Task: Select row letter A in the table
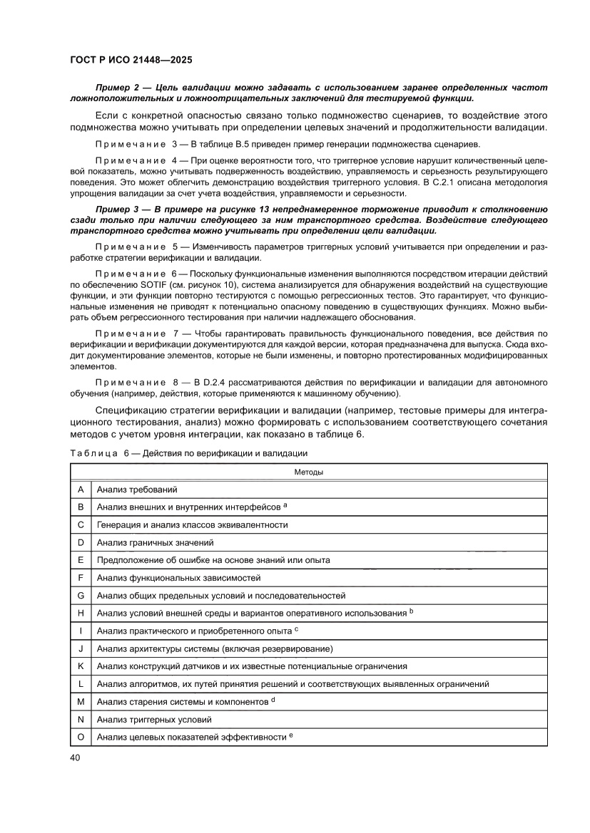pyautogui.click(x=81, y=489)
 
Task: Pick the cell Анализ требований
pyautogui.click(x=136, y=490)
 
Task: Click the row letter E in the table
pyautogui.click(x=81, y=560)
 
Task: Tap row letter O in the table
pyautogui.click(x=81, y=738)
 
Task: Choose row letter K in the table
pyautogui.click(x=81, y=666)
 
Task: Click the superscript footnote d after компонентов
pyautogui.click(x=273, y=700)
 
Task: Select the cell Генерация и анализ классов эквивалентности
pyautogui.click(x=192, y=524)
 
